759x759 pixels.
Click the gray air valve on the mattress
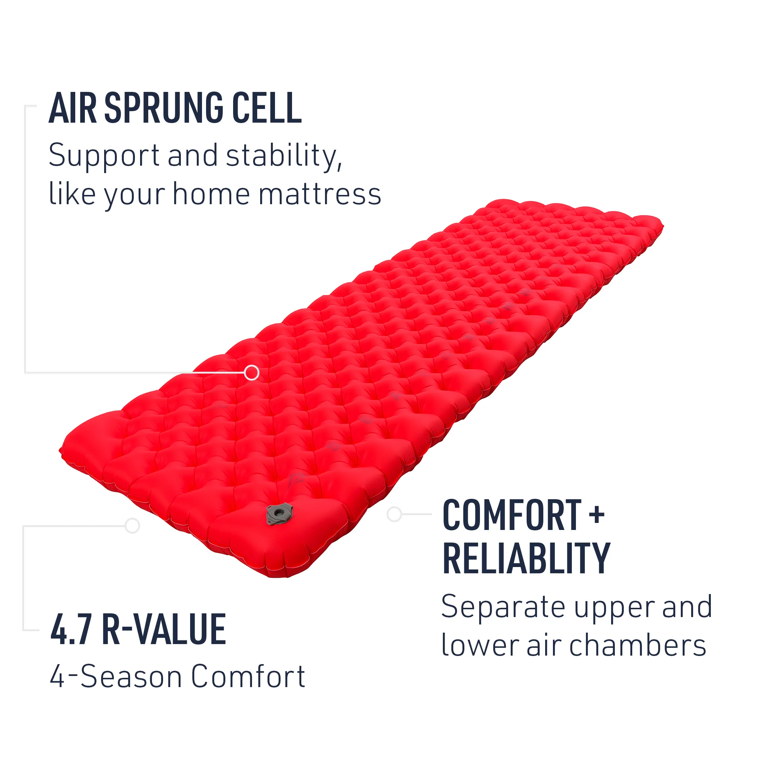coord(279,513)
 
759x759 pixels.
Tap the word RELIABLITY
coord(526,558)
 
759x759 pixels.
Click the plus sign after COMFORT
coord(596,515)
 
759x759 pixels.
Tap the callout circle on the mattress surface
coord(251,372)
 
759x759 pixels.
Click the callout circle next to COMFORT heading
coord(394,514)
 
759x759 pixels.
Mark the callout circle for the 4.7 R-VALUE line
coord(132,526)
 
